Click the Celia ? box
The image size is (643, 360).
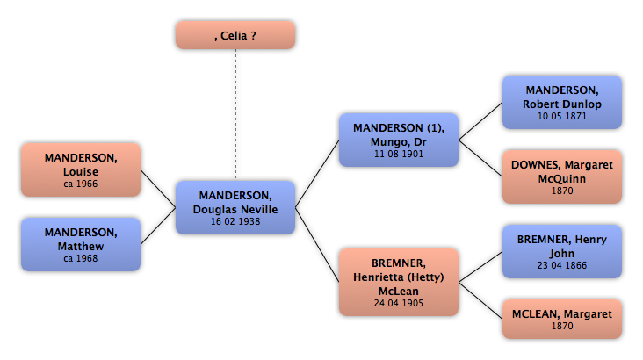click(x=235, y=35)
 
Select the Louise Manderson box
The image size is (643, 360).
click(x=81, y=169)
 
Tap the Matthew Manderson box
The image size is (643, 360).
click(x=81, y=244)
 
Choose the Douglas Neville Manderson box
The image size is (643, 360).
click(x=235, y=207)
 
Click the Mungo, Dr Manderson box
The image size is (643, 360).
click(x=399, y=140)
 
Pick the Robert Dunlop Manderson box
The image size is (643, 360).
click(x=562, y=102)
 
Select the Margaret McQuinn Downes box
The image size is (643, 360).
click(x=562, y=176)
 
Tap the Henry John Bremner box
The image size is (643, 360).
click(x=562, y=251)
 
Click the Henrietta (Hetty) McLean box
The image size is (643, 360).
click(x=399, y=282)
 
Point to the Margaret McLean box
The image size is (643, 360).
click(x=562, y=319)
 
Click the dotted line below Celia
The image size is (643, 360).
click(x=235, y=114)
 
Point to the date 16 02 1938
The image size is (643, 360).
click(x=235, y=222)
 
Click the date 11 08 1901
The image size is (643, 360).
click(x=399, y=155)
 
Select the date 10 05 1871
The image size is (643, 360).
click(x=562, y=117)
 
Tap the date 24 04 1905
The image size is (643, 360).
click(x=399, y=304)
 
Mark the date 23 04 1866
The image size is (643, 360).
click(x=562, y=266)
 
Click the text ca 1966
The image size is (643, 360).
click(x=81, y=184)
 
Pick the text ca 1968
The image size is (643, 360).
click(x=81, y=259)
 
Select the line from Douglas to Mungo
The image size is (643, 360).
click(x=317, y=174)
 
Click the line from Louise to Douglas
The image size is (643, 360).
click(x=158, y=189)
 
